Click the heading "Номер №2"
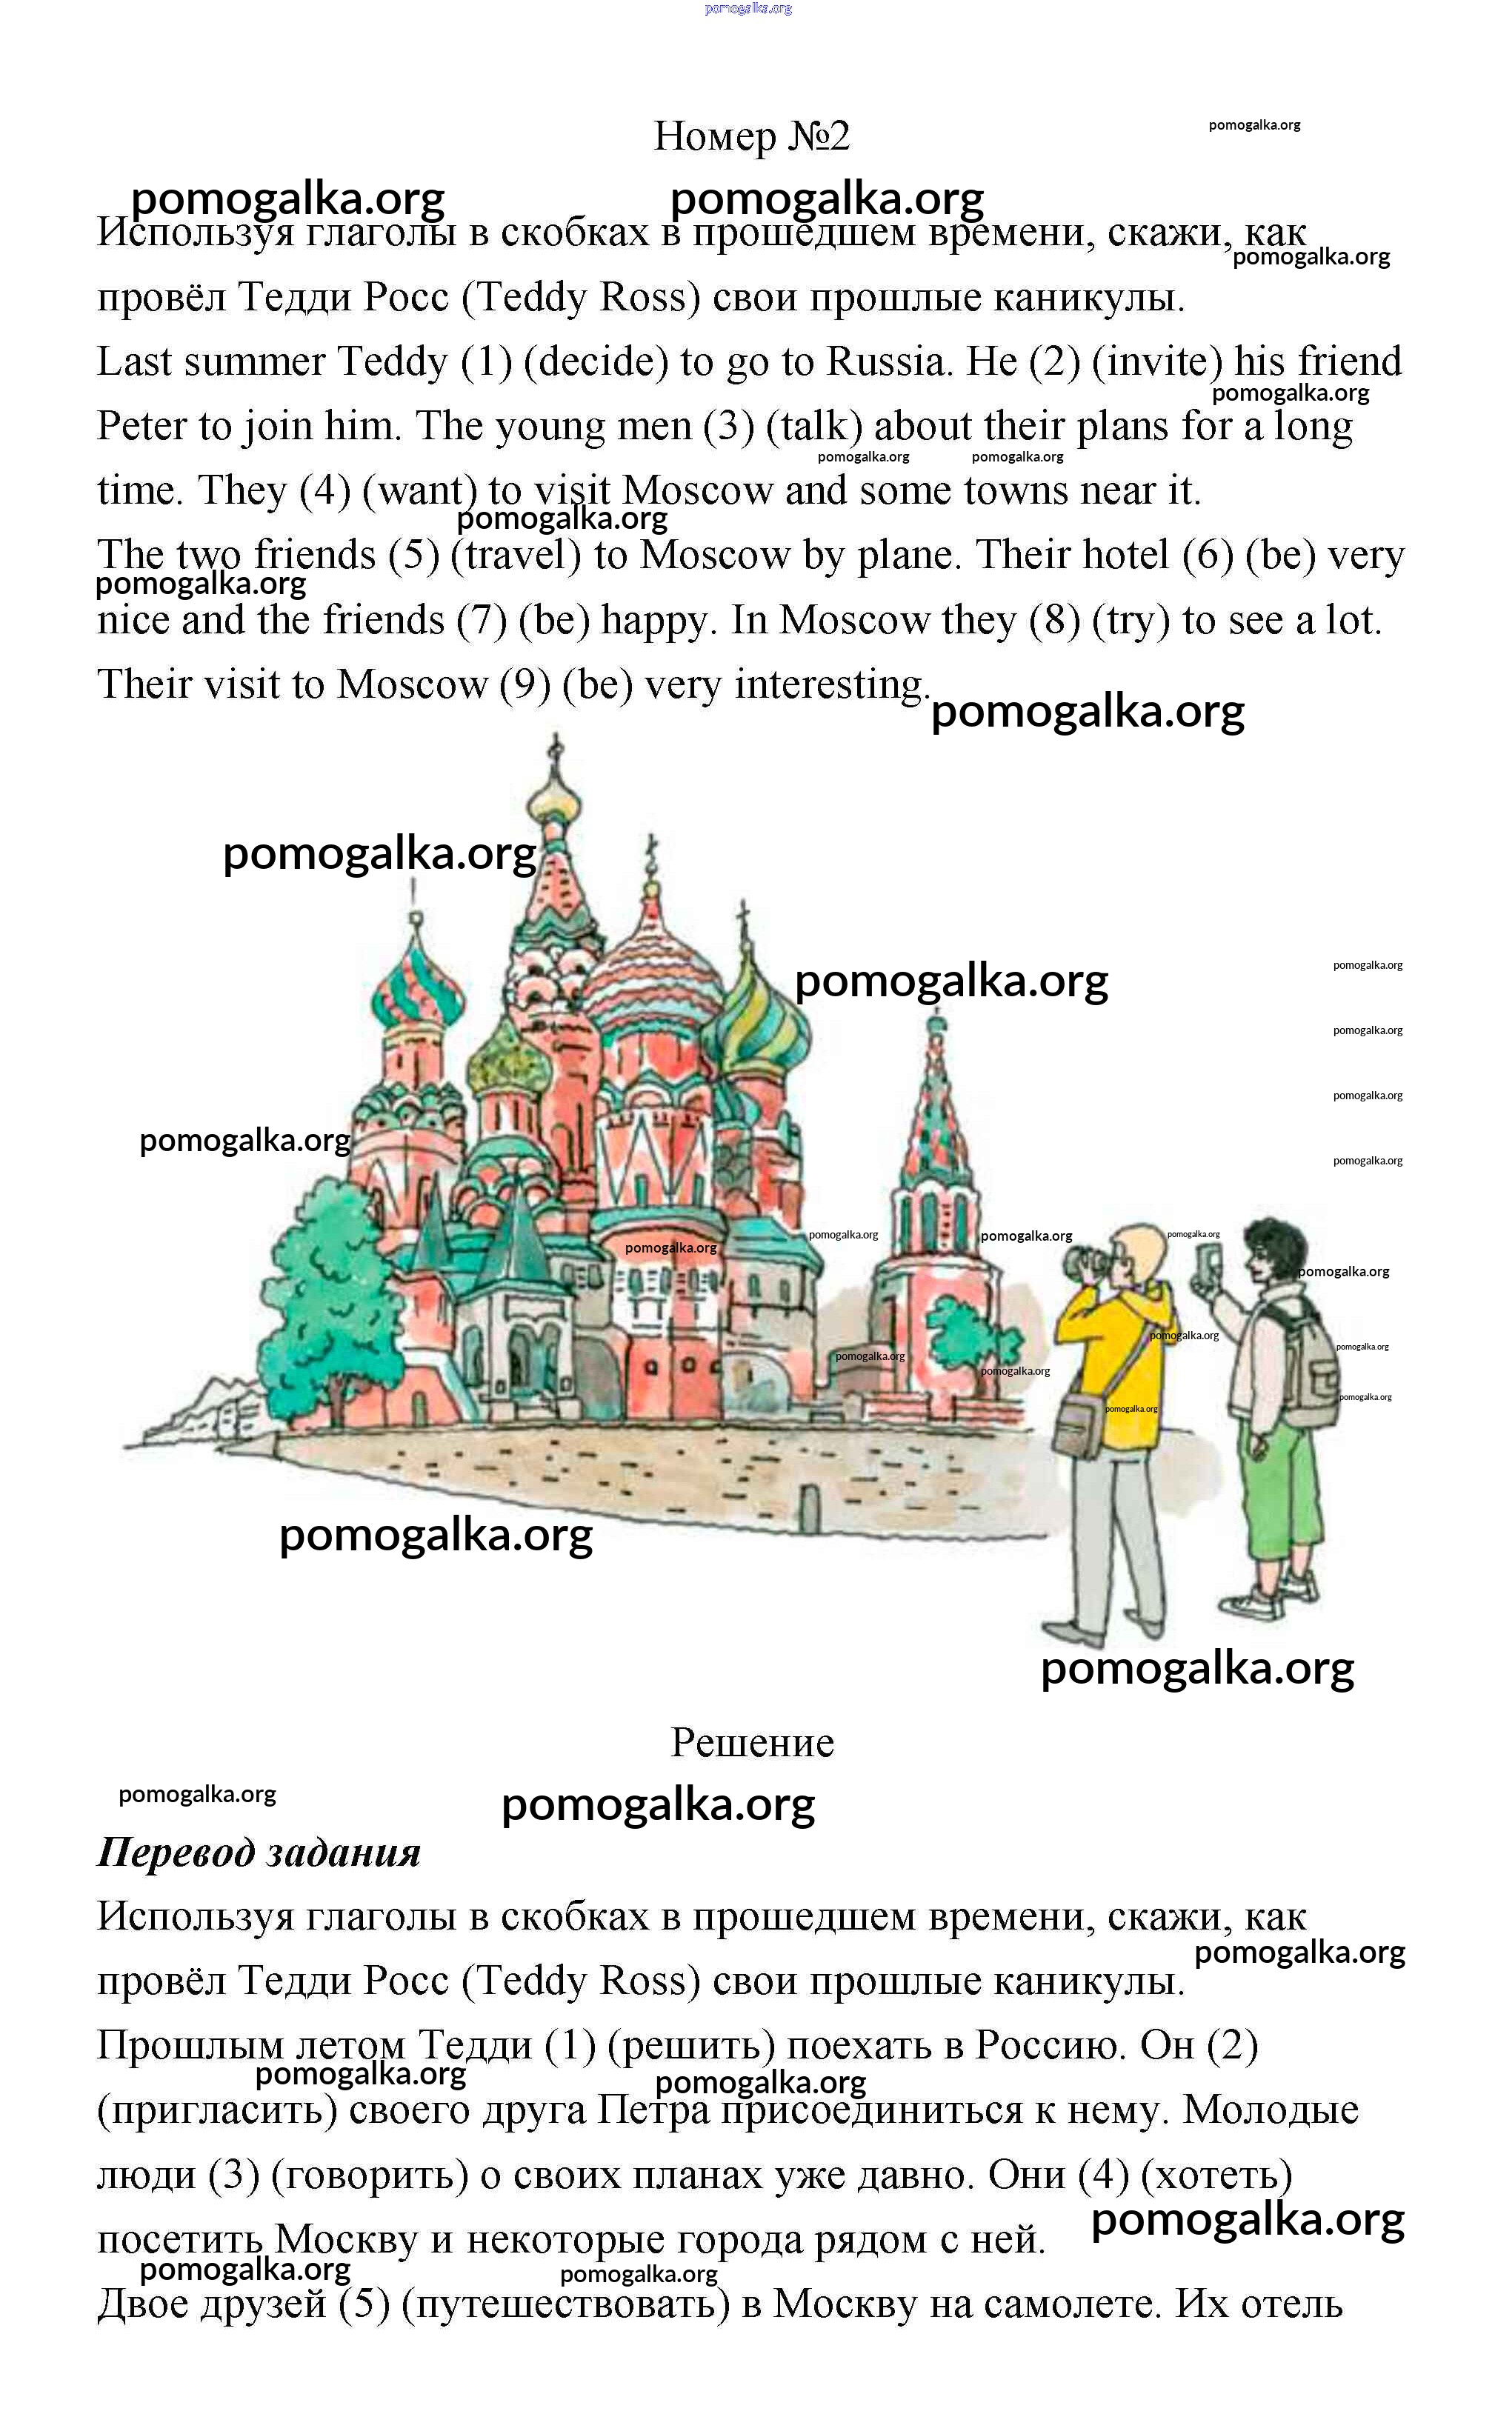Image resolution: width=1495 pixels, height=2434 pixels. coord(751,136)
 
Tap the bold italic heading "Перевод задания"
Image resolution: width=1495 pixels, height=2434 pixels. coord(259,1853)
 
